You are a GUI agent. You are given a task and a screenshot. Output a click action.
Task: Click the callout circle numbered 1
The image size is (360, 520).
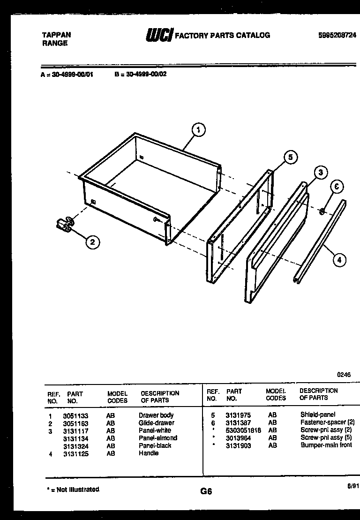[x=199, y=130]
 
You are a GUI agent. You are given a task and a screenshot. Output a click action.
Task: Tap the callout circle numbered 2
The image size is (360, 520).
[x=92, y=242]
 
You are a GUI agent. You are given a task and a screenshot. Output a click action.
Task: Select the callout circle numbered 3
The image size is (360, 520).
[x=320, y=173]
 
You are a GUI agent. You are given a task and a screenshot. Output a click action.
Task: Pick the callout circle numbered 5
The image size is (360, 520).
[x=290, y=158]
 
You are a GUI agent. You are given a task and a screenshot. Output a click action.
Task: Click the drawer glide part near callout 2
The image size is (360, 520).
[x=65, y=224]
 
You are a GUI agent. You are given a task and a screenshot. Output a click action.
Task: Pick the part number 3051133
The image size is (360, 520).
[x=75, y=415]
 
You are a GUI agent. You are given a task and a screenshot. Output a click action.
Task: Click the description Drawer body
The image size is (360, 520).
[x=156, y=415]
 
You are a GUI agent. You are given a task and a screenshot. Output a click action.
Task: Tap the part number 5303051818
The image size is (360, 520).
[x=243, y=430]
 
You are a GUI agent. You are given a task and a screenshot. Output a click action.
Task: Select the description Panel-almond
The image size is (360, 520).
[x=158, y=438]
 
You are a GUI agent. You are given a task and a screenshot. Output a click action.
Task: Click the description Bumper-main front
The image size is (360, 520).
[x=326, y=445]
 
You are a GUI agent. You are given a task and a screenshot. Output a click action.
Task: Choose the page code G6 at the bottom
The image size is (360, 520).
[x=206, y=491]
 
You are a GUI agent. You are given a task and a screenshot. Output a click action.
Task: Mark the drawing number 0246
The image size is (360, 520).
[x=344, y=375]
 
